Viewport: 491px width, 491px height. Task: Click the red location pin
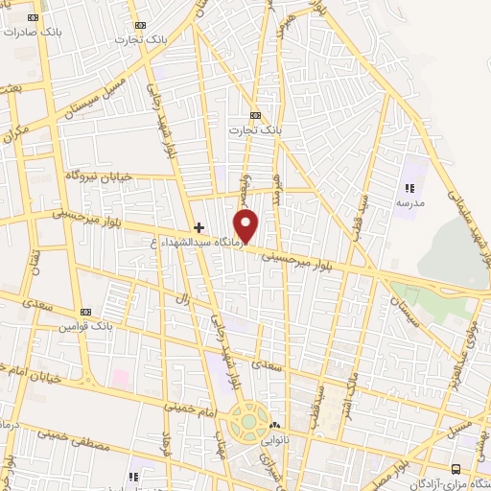click(x=247, y=225)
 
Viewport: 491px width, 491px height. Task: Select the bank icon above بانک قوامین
click(x=85, y=313)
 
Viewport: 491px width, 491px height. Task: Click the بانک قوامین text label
click(x=83, y=326)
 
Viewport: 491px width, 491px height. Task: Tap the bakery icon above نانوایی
click(x=276, y=425)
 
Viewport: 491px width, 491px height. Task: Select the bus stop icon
click(x=456, y=469)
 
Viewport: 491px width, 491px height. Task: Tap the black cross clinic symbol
click(x=199, y=227)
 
